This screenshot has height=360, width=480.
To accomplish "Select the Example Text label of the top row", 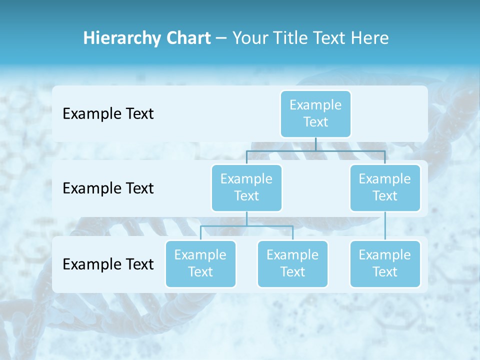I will coord(108,114).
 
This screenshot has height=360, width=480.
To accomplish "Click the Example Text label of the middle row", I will coord(108,188).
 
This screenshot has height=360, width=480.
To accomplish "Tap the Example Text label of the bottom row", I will coord(108,264).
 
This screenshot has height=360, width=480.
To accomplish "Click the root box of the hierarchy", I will coord(315,113).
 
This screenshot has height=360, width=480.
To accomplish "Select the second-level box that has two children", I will coord(246,187).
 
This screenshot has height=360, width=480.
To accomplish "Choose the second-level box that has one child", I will coord(385,187).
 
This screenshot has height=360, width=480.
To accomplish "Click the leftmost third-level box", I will coord(200,263).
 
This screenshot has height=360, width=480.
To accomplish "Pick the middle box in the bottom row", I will coord(292,263).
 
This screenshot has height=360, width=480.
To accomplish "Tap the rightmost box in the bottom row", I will coord(385,263).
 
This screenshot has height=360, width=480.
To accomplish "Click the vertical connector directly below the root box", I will coord(315,144).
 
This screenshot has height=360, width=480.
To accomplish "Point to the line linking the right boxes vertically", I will coord(385,226).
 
